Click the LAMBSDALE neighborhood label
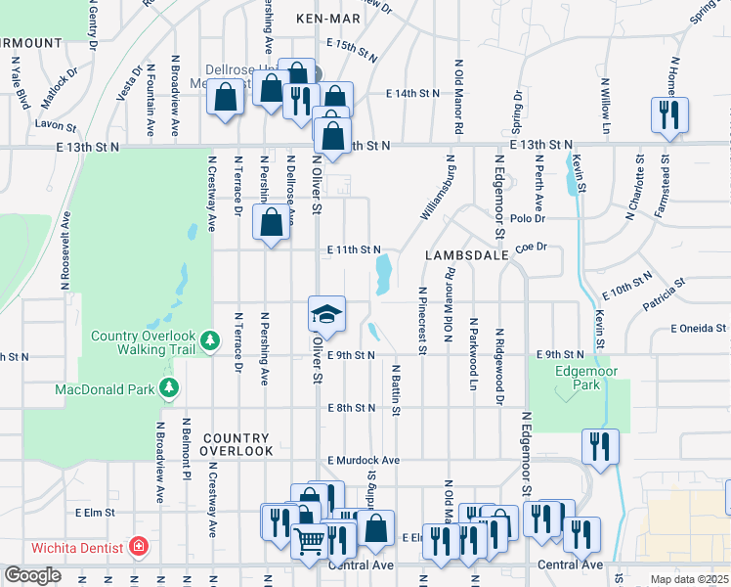(x=465, y=254)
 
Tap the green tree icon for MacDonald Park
(x=170, y=389)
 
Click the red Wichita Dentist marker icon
(x=139, y=546)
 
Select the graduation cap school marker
(x=327, y=313)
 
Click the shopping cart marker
(x=310, y=539)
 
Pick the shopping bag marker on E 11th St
(x=272, y=222)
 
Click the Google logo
(x=32, y=575)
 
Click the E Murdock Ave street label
(x=364, y=460)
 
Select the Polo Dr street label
(x=527, y=219)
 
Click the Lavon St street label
(x=55, y=126)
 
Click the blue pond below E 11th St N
(x=385, y=272)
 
